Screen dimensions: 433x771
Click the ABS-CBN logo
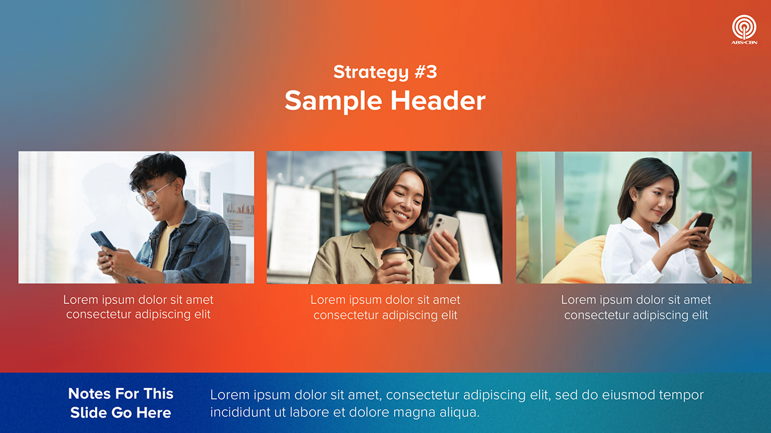(x=744, y=29)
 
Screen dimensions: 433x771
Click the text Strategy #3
(x=385, y=72)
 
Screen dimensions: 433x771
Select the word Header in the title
(x=436, y=101)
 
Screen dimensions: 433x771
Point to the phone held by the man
(x=103, y=241)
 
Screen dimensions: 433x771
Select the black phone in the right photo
(x=703, y=223)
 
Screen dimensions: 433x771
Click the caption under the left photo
(x=138, y=307)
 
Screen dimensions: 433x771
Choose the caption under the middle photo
(x=385, y=307)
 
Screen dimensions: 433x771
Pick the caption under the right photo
(x=636, y=307)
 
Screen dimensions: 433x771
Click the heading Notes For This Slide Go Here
(x=121, y=403)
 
